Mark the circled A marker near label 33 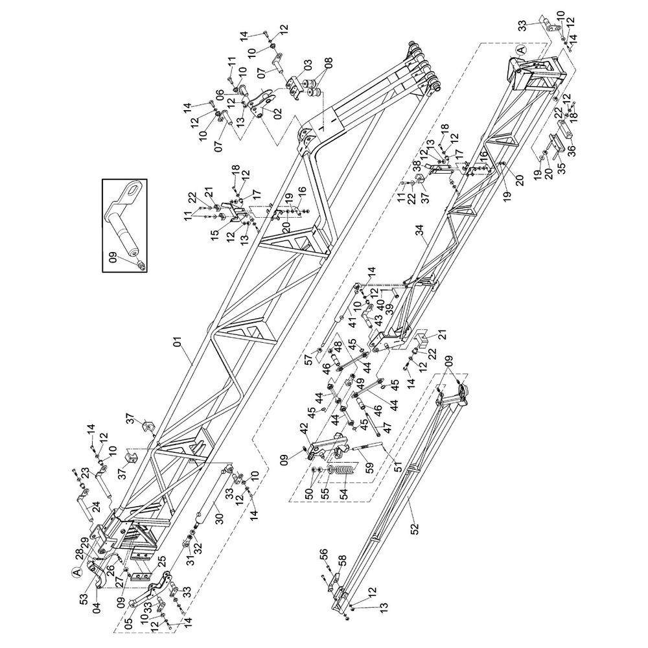pyautogui.click(x=520, y=49)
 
